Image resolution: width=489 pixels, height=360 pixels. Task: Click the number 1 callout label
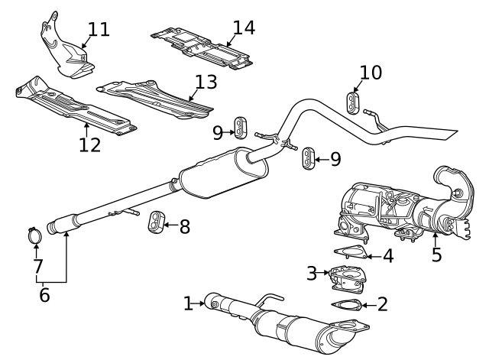(189, 303)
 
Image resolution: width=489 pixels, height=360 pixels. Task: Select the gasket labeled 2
(348, 306)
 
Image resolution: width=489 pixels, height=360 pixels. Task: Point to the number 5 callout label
(436, 255)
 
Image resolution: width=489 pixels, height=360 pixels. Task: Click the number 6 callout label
(44, 294)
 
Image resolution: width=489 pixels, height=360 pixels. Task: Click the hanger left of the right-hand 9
(309, 158)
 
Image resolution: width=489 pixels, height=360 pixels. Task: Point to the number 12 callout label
(90, 144)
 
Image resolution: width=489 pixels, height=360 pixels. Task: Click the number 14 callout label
(244, 28)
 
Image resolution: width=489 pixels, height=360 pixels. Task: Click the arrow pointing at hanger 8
(170, 226)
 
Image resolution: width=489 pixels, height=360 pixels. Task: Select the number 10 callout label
(371, 73)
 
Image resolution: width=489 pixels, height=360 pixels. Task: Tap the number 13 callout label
(206, 82)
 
